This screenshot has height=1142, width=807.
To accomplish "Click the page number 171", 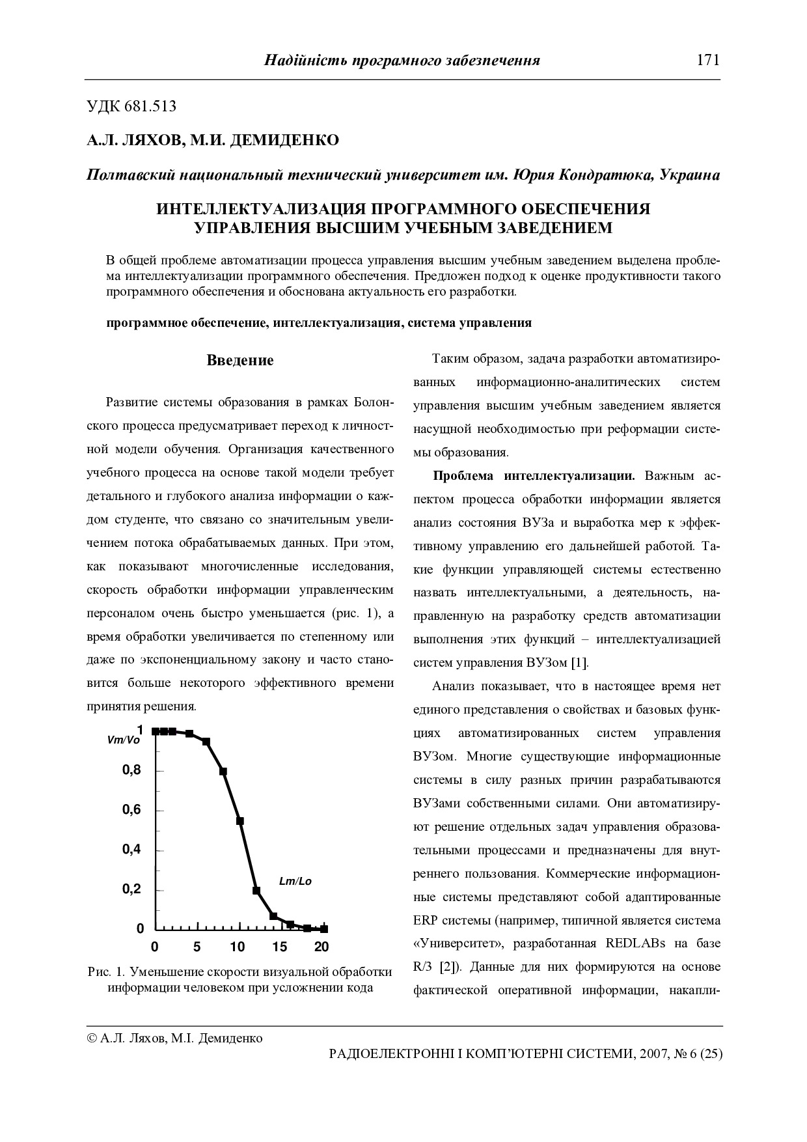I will pos(707,61).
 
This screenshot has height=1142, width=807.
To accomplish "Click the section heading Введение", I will pos(240,361).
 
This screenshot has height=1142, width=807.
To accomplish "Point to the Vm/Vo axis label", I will pos(123,740).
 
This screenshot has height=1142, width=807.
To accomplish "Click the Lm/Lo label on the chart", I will pos(295,882).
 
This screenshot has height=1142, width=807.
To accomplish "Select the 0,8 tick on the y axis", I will pos(131,771).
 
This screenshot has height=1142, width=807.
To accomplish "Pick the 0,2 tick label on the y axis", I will pos(131,890).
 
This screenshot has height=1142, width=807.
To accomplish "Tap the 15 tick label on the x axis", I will pos(279,946).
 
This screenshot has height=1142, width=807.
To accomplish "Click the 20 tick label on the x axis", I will pos(321,946).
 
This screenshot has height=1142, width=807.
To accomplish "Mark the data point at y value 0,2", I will pos(256,890).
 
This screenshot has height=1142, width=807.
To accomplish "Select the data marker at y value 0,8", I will pos(223,772).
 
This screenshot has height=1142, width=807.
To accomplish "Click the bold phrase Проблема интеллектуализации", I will pos(534,476).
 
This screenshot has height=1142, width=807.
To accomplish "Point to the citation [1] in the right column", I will pos(579,663).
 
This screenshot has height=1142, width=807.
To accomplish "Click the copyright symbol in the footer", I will pos(92,1038).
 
